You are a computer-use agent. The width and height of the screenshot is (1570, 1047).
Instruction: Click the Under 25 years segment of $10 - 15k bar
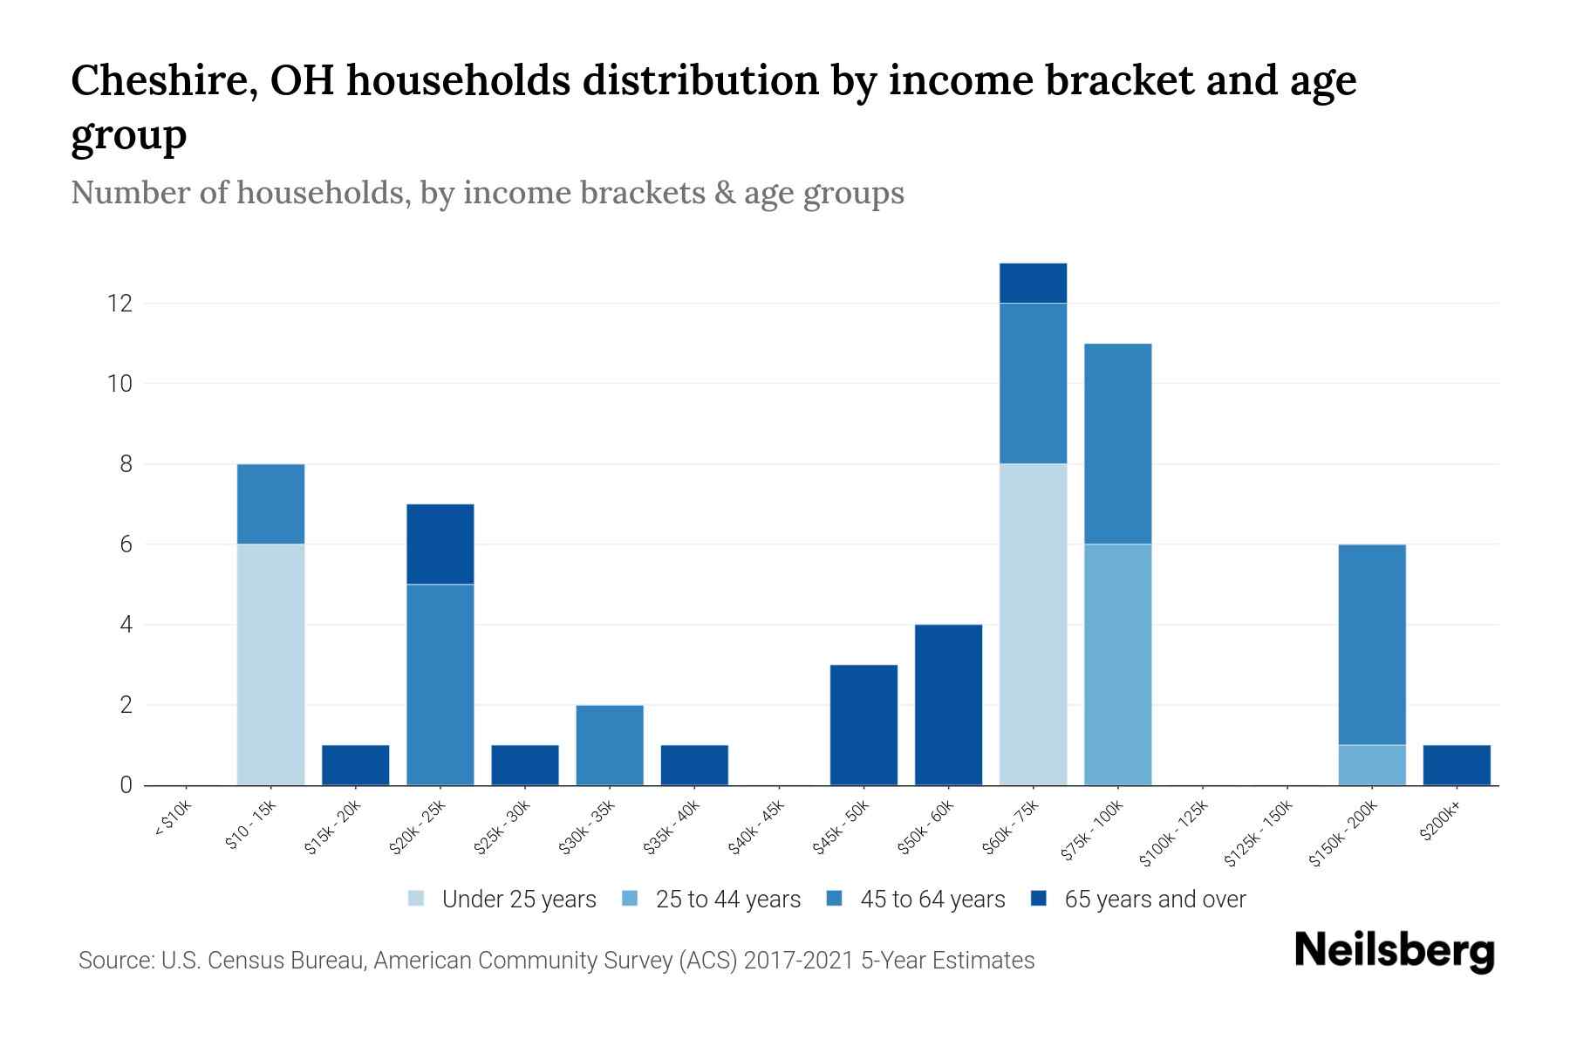tap(270, 664)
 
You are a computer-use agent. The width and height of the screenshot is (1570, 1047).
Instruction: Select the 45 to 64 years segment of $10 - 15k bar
tap(270, 503)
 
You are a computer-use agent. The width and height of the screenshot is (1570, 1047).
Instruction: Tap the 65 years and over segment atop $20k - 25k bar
tap(440, 544)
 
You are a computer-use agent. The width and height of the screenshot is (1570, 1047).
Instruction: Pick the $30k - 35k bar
tap(610, 744)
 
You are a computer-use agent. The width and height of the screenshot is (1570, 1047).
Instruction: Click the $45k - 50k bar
tap(863, 724)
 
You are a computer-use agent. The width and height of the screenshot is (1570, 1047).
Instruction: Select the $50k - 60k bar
tap(948, 704)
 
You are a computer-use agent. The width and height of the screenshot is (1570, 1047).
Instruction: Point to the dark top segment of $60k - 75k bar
tap(1033, 283)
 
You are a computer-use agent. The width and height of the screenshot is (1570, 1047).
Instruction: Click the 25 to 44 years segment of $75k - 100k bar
tap(1117, 664)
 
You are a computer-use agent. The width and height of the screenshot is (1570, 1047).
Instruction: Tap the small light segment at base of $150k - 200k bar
tap(1372, 764)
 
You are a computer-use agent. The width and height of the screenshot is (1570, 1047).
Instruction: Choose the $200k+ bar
tap(1457, 764)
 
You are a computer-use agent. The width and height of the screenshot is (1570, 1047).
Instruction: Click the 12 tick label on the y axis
tap(119, 304)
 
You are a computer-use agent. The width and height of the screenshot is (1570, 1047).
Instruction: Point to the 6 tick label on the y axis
tap(126, 544)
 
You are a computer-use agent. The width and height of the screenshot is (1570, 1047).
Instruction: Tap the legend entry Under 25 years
tap(518, 900)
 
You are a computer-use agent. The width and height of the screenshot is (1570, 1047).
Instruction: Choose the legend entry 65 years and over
tap(1154, 900)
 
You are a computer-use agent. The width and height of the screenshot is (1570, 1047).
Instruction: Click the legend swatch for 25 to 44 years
tap(631, 899)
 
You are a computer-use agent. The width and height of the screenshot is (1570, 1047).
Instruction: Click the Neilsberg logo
tap(1394, 952)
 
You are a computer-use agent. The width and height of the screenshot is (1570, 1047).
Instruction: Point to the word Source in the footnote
tap(114, 961)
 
